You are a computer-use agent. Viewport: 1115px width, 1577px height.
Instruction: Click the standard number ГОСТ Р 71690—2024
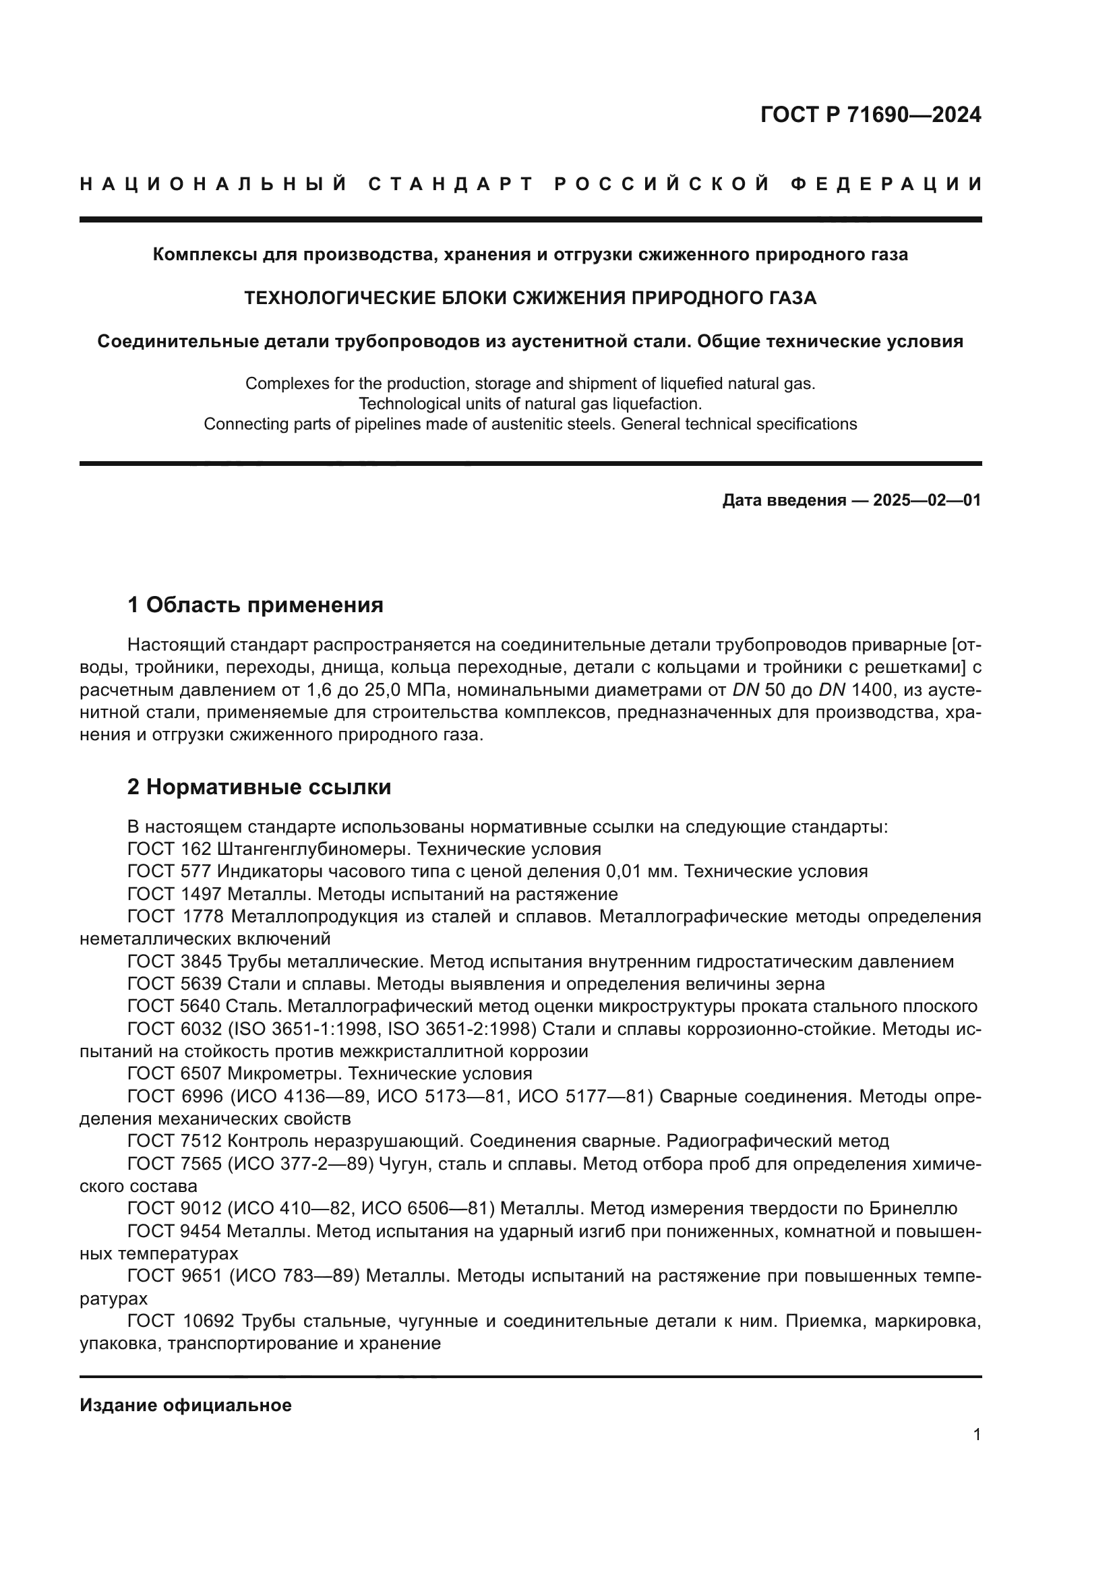(x=870, y=115)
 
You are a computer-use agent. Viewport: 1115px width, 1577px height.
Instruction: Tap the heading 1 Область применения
(x=255, y=605)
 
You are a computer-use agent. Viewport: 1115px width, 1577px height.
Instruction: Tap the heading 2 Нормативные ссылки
(x=259, y=787)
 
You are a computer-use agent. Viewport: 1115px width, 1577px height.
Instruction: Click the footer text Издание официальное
(x=185, y=1405)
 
